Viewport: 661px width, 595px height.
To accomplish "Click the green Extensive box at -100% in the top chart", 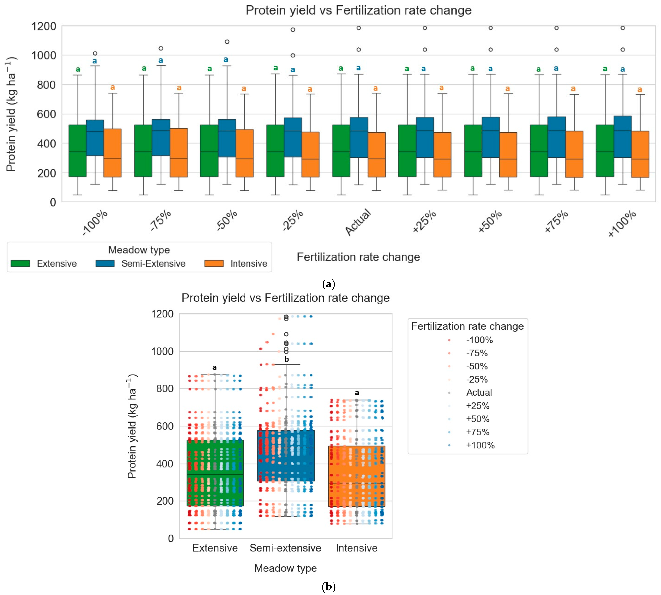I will (78, 151).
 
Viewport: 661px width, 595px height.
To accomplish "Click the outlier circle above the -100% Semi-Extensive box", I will (95, 53).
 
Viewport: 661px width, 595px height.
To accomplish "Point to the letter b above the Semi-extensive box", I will (286, 359).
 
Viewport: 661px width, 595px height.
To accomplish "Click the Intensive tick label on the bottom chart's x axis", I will (356, 548).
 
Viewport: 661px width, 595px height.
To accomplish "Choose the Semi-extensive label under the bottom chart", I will (286, 548).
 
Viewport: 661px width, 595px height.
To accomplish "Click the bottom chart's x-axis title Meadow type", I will (286, 568).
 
